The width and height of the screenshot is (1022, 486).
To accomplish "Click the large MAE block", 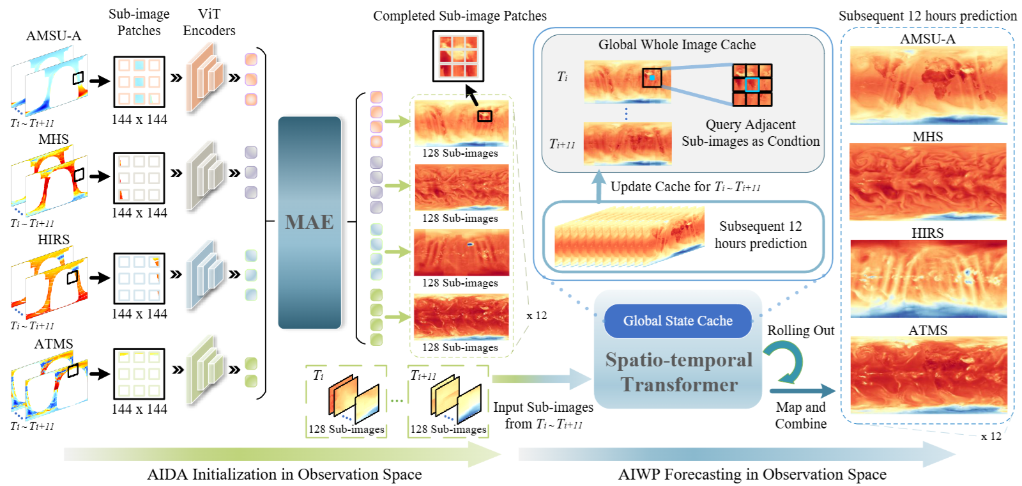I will pos(310,222).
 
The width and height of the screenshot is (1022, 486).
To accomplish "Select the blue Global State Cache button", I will pos(678,321).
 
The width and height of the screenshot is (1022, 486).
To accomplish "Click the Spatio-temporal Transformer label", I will pos(678,372).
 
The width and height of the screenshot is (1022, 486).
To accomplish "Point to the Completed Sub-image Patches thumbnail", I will pos(458,56).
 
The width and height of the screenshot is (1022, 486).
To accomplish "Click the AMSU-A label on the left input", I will pos(54,36).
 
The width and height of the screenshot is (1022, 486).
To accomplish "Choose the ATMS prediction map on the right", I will pos(928,375).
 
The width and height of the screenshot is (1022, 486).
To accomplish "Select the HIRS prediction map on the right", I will pos(928,279).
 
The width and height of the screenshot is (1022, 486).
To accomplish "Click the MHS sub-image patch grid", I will pos(139,178).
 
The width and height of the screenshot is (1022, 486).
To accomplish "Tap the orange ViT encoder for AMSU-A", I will pos(205,79).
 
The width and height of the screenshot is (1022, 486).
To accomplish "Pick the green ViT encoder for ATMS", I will pos(205,371).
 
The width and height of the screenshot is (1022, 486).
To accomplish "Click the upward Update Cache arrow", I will pos(599,186).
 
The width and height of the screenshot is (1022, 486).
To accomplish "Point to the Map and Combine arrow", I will pos(802,391).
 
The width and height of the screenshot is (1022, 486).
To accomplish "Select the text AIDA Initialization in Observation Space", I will pos(284,474).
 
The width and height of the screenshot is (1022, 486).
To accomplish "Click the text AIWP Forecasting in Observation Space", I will pos(752,474).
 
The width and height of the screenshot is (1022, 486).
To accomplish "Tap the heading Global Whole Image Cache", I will pos(676,45).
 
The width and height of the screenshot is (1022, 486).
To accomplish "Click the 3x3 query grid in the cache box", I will pos(752,84).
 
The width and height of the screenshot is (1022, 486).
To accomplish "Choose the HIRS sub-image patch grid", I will pos(139,278).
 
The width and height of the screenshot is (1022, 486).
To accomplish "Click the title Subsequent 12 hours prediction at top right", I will pos(927,16).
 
